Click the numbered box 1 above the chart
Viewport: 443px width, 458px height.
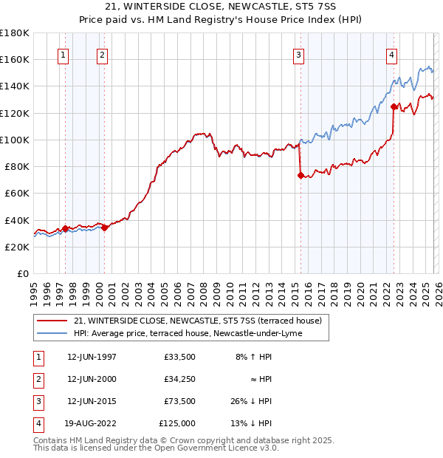[63, 54]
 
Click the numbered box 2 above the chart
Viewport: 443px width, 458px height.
[101, 54]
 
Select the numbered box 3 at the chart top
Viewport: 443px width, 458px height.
[298, 54]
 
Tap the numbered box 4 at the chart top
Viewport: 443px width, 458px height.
[391, 54]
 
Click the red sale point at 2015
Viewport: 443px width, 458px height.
[301, 176]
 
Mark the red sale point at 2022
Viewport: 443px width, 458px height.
[394, 106]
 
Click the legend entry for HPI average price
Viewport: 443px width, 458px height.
[192, 333]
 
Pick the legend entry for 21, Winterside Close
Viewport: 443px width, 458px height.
[197, 321]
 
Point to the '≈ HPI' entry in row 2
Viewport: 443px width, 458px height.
[260, 379]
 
